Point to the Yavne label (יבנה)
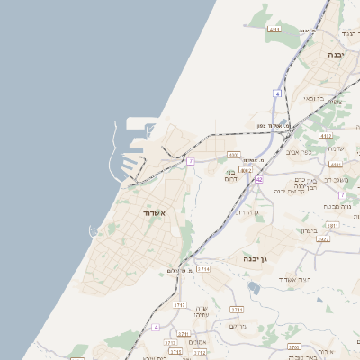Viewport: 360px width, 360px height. (337, 55)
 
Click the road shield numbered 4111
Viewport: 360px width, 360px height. (274, 29)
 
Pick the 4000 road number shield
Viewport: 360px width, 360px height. (234, 155)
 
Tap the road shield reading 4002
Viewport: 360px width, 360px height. (247, 169)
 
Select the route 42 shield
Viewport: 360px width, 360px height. (258, 179)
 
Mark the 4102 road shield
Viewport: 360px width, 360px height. (325, 136)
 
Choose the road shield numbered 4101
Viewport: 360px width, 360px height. (336, 165)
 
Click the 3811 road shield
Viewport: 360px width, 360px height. (332, 226)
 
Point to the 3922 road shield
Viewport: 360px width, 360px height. (323, 239)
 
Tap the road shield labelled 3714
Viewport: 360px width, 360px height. (203, 268)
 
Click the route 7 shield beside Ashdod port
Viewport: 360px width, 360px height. (191, 161)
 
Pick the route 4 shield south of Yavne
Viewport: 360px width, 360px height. (278, 94)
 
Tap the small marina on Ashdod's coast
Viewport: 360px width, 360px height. (94, 231)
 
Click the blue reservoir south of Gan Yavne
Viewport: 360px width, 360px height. (255, 287)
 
